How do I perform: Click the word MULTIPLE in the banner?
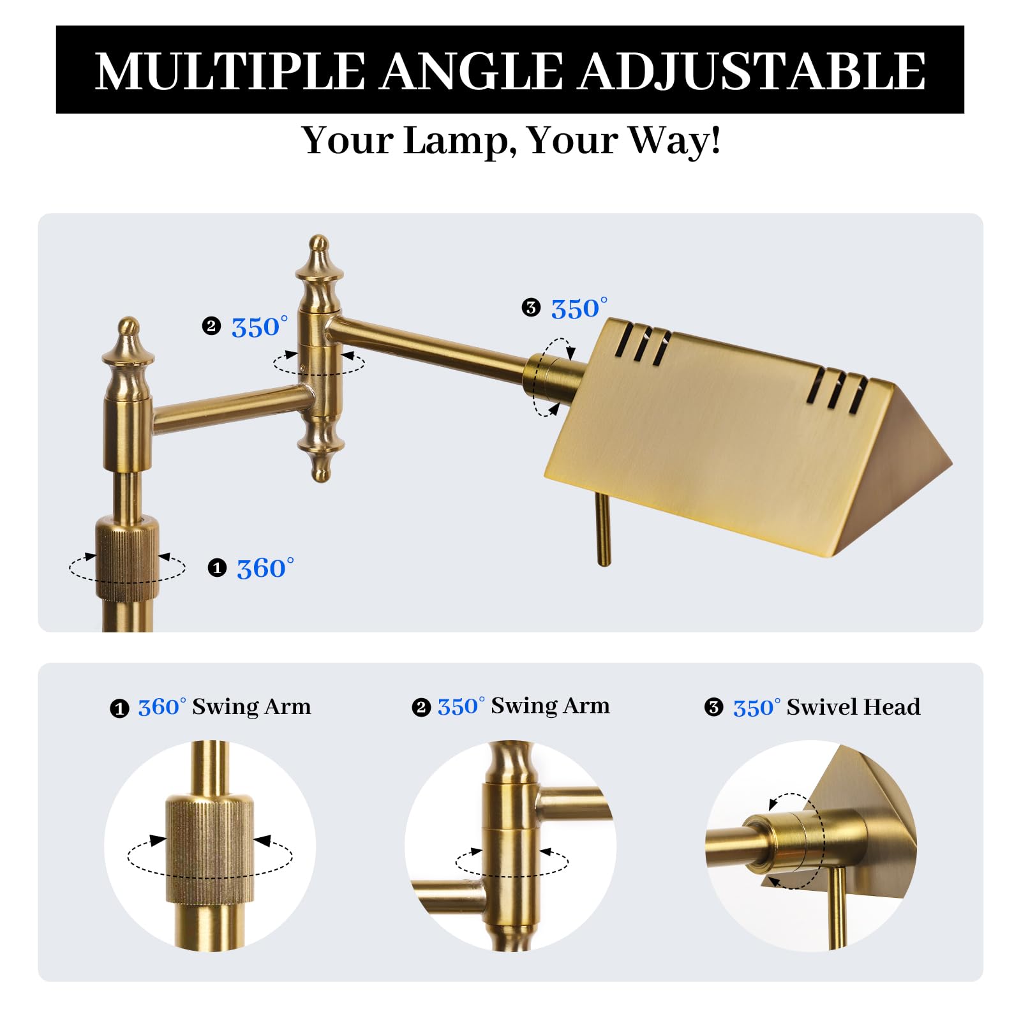coord(230,70)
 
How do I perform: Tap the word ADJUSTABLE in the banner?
coord(752,70)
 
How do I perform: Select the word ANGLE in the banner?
coord(472,70)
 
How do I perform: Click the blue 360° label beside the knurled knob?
coord(265,568)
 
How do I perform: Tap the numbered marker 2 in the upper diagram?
coord(211,327)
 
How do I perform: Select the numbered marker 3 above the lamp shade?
coord(531,308)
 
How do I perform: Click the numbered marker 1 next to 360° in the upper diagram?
coord(217,568)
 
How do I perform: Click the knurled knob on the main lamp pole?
coord(128,559)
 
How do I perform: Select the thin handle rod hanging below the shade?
coord(603,529)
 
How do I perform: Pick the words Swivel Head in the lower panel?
coord(853,707)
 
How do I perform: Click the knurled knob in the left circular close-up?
coord(210,849)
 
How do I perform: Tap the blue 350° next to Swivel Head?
coord(757,708)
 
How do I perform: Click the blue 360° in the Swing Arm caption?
coord(162,707)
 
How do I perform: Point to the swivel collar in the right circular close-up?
coord(782,841)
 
